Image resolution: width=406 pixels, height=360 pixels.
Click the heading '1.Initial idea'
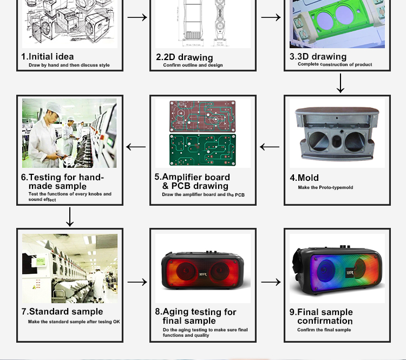(47, 56)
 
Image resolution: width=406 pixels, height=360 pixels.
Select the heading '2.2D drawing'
(184, 57)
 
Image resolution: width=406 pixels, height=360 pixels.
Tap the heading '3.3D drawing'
(318, 56)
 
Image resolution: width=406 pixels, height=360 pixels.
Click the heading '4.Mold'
(304, 178)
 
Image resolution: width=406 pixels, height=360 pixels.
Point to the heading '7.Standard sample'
(62, 311)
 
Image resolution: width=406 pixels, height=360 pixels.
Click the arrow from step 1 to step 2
(137, 17)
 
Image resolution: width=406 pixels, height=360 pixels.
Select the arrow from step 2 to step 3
(271, 17)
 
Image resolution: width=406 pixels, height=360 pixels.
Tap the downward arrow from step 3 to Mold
(340, 83)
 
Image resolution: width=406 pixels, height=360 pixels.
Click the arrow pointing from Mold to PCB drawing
(270, 147)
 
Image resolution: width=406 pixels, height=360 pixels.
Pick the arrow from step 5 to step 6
(136, 147)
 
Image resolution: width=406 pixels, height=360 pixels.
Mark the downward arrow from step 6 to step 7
(69, 216)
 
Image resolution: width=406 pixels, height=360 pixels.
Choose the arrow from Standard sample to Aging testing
(137, 282)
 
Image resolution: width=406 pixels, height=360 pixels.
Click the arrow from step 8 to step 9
(271, 282)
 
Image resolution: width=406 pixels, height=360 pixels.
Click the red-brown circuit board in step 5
(202, 116)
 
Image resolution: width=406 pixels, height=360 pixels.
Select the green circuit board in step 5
(202, 150)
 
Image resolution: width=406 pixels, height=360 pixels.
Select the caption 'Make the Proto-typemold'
(325, 187)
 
